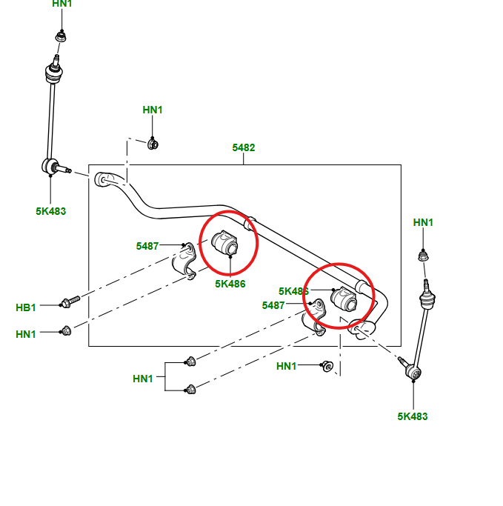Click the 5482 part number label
tap(243, 147)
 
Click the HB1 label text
tap(26, 307)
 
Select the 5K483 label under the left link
tap(50, 211)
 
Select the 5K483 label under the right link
tap(413, 416)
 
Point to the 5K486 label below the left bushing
tap(230, 284)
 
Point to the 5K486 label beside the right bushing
tap(293, 291)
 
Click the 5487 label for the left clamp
tap(147, 246)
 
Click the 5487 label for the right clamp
tap(274, 305)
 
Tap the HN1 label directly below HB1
tap(26, 334)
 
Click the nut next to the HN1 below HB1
tap(65, 330)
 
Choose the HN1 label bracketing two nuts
tap(143, 379)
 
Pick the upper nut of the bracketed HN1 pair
tap(190, 361)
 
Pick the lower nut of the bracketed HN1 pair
tap(190, 388)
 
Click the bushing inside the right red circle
tap(344, 299)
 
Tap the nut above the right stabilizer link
tap(424, 256)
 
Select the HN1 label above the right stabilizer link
tap(424, 222)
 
